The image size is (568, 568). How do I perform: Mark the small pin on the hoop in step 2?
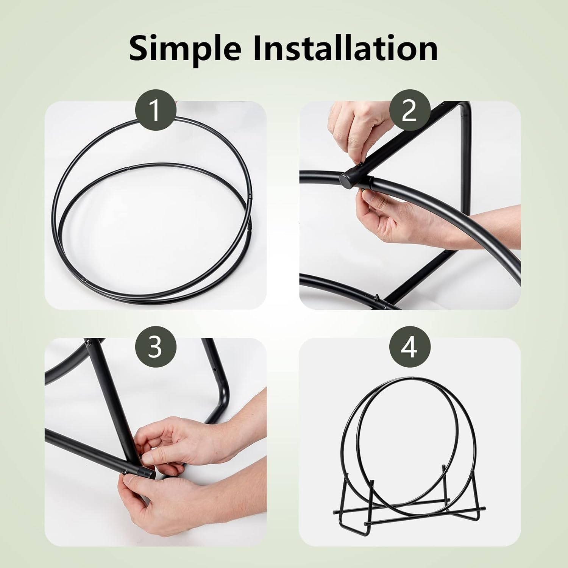[378, 297]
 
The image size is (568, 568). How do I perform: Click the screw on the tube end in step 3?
[125, 471]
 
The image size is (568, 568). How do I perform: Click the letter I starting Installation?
[259, 48]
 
